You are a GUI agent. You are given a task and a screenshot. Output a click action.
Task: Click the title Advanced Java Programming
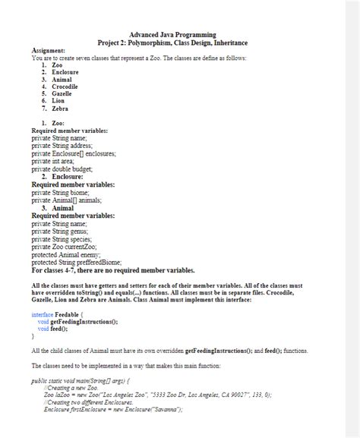[172, 35]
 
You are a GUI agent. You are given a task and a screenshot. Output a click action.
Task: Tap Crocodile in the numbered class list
[65, 87]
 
